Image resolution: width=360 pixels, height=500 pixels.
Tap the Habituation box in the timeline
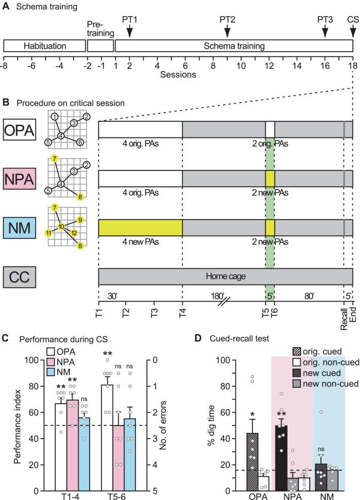45,46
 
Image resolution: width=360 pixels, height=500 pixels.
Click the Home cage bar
225,276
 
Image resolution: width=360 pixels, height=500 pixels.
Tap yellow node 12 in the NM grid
75,232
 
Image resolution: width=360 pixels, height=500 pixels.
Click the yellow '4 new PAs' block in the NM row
140,227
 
